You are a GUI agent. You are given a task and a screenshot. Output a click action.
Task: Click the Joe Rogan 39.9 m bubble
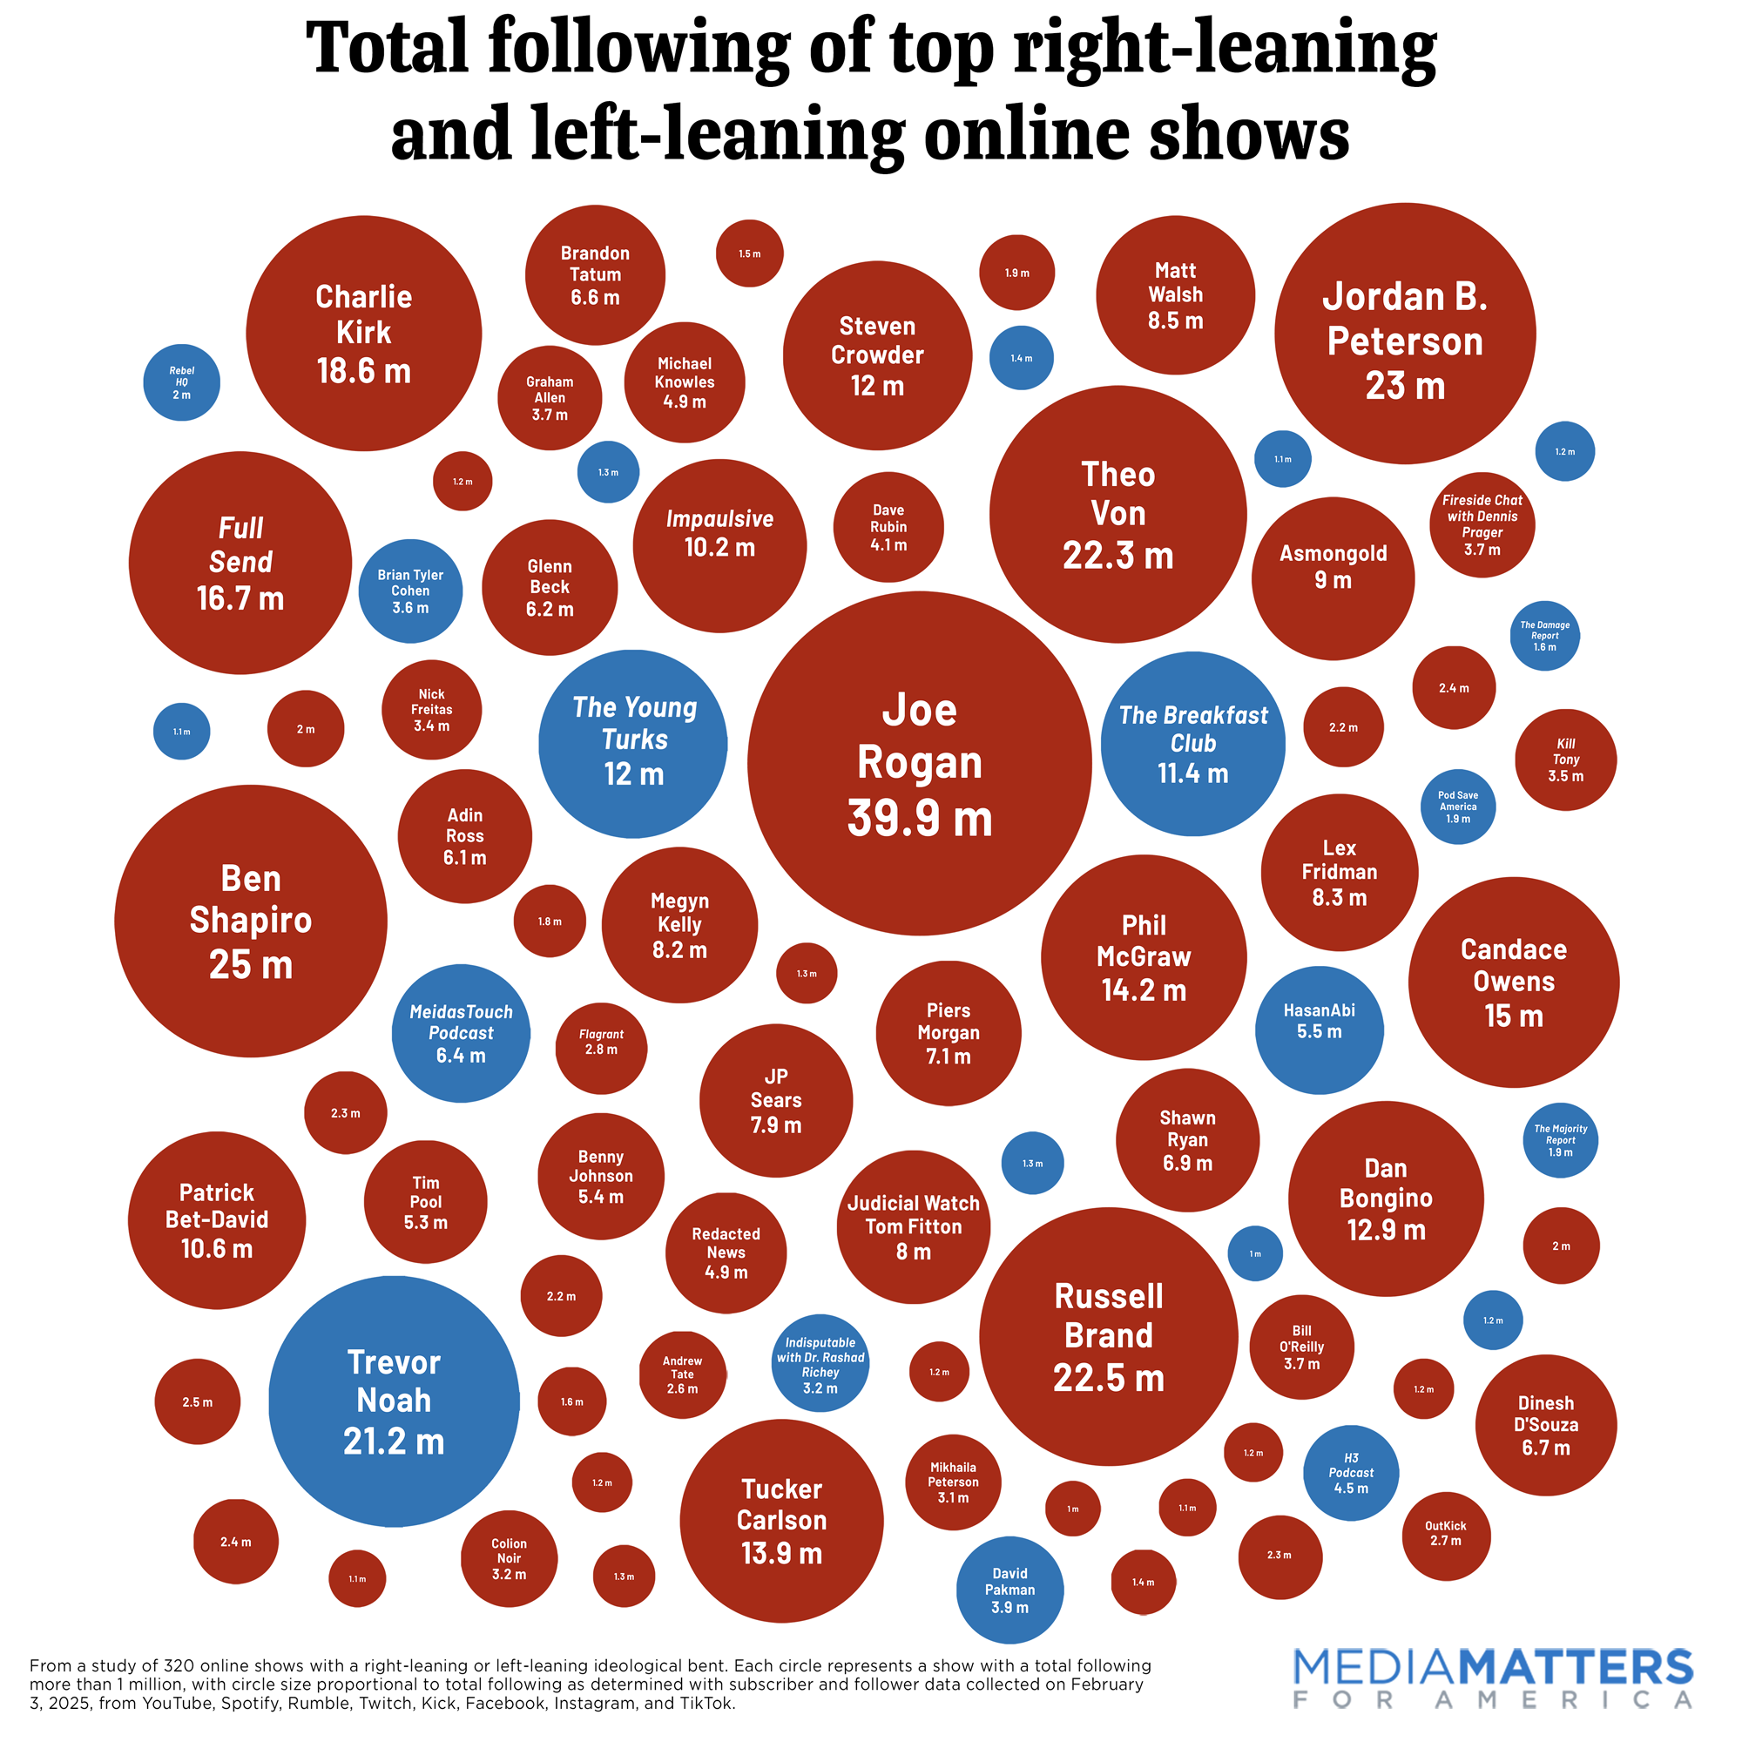click(x=919, y=763)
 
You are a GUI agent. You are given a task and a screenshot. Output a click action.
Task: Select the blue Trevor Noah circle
click(x=394, y=1401)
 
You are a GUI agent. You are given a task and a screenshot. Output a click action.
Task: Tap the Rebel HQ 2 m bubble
click(x=181, y=382)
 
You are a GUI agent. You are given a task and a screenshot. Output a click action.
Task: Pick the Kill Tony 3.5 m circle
click(x=1565, y=760)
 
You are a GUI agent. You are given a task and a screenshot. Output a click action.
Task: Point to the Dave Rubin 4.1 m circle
click(x=888, y=528)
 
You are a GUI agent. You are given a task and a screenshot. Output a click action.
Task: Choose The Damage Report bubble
click(x=1544, y=636)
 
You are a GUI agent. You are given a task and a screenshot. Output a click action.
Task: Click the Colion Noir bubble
click(x=509, y=1558)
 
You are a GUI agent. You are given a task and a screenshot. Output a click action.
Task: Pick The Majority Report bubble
click(x=1560, y=1139)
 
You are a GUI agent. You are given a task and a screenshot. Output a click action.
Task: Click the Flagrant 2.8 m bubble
click(x=600, y=1047)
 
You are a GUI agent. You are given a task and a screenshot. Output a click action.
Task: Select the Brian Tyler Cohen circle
click(x=410, y=591)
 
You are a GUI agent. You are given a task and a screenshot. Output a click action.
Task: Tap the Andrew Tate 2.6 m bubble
click(x=682, y=1374)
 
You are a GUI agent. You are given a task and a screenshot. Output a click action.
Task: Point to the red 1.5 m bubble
click(x=749, y=253)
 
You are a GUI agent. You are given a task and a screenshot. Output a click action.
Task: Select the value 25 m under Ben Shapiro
click(x=251, y=964)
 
